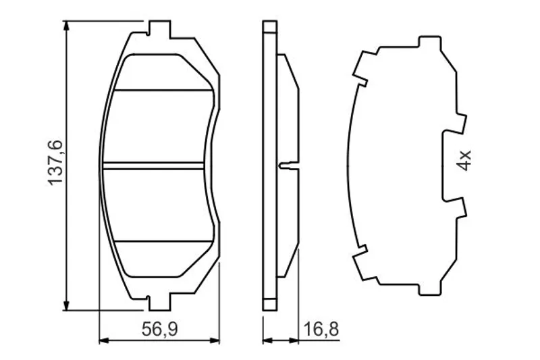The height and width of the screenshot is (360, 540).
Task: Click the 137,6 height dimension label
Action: pos(55,163)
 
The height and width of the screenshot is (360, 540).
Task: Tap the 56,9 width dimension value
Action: pos(160,330)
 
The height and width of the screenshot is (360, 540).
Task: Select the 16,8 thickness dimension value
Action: pos(321,330)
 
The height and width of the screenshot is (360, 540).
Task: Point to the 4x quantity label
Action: pos(464,161)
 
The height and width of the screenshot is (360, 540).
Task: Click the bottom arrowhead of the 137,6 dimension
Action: pos(66,304)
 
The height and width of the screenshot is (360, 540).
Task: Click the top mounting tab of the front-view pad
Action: pos(159,29)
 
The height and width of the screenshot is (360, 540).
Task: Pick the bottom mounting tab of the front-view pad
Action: pos(159,302)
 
